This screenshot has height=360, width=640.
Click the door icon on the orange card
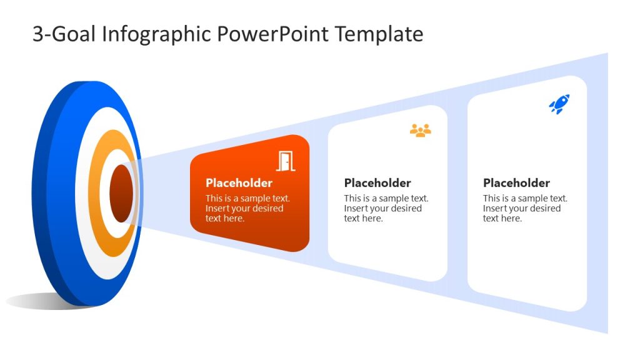coord(286,161)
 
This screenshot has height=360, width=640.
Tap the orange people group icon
coord(421,130)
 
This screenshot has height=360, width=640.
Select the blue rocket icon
coord(559,104)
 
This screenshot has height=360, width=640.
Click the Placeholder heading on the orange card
coord(239,183)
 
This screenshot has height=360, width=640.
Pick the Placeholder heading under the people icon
coord(377,183)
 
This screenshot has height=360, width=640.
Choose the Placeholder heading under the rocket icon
coord(516,183)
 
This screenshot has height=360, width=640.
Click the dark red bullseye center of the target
coord(121,194)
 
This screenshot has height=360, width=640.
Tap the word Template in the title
coord(379,34)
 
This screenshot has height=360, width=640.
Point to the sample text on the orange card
coord(247,208)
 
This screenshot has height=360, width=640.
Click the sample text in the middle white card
coord(386,208)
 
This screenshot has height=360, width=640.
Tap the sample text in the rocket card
coord(525,208)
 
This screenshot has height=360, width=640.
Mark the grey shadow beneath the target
coord(37,301)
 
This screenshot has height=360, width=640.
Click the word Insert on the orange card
coord(218,208)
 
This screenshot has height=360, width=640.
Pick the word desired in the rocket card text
coord(544,208)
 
